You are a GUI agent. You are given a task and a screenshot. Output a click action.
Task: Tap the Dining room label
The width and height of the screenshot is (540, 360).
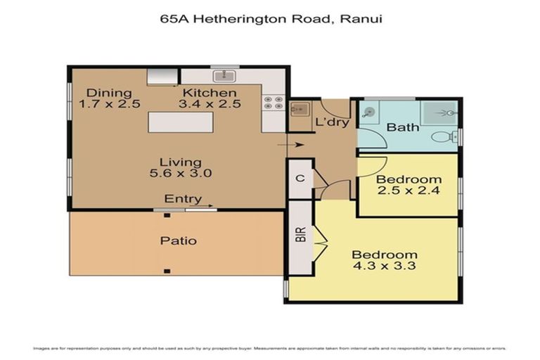coord(108,93)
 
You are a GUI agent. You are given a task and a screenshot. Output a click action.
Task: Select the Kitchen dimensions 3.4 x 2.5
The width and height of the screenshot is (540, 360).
coord(210,104)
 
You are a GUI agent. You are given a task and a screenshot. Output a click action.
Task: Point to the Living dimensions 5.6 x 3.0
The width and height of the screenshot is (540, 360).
coord(181,172)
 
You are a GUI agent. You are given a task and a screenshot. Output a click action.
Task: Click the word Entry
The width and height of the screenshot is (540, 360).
coord(183,199)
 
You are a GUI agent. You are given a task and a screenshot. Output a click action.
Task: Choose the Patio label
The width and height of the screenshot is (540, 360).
coord(177,240)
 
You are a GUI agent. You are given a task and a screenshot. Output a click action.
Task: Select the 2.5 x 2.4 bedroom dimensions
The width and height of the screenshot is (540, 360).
coord(409,190)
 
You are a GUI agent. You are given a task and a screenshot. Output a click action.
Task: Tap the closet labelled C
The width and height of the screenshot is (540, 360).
coord(300,179)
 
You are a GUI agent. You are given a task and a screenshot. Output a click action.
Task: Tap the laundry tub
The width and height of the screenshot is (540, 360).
coord(300,110)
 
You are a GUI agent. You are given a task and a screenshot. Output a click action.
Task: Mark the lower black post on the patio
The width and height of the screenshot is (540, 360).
coord(167,271)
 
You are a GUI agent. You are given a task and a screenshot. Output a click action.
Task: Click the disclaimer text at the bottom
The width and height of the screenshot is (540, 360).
coord(270,349)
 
